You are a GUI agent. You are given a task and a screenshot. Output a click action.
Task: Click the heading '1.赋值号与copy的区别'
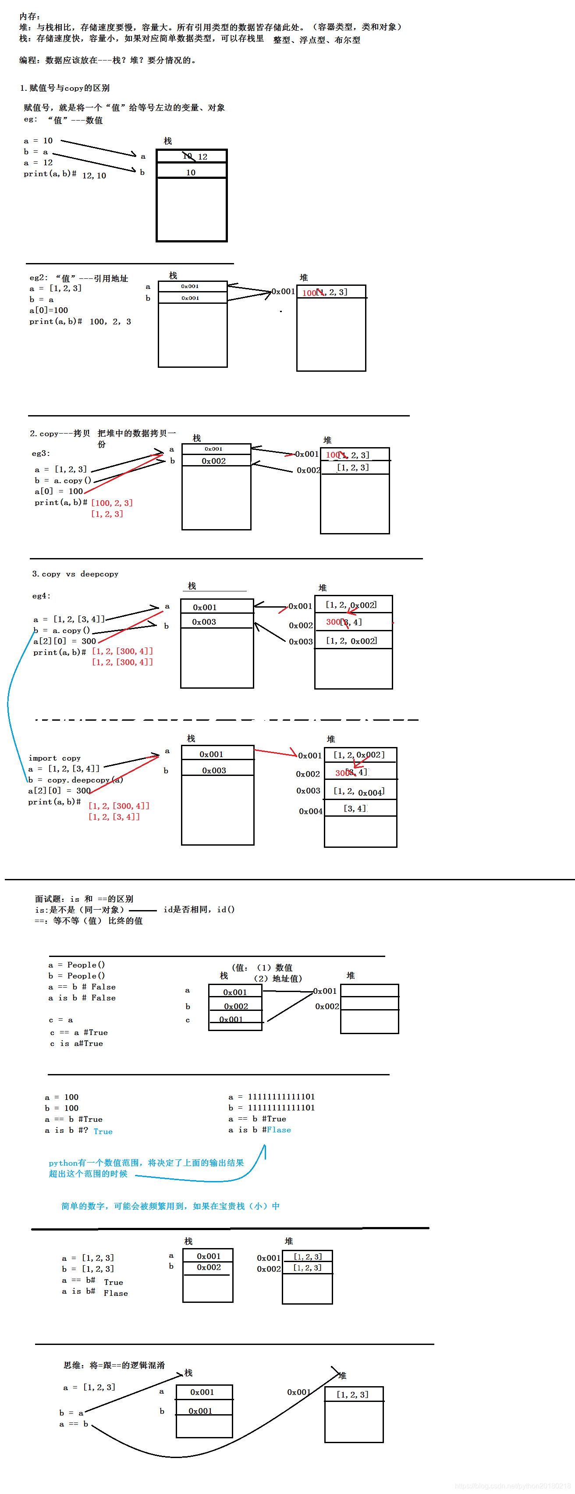(64, 88)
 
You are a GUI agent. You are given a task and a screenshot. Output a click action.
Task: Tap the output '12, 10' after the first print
(94, 176)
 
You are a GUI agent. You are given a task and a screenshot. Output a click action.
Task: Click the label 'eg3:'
(41, 454)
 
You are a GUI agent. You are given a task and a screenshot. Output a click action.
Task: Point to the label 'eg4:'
(41, 596)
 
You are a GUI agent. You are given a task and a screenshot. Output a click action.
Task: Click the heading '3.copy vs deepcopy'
(75, 574)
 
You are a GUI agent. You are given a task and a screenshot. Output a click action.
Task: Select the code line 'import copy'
(54, 758)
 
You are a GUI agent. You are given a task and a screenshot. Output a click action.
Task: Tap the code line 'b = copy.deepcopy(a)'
(75, 780)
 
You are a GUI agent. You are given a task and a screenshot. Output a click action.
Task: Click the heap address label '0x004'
(310, 811)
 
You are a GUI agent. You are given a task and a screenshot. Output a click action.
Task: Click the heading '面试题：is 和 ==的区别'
(84, 899)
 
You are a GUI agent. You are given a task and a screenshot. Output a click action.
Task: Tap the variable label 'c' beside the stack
(187, 1020)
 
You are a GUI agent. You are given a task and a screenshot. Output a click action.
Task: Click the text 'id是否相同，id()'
(199, 909)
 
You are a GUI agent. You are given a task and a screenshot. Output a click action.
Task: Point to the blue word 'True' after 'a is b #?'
(103, 1131)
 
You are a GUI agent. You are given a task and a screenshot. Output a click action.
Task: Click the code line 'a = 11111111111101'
(271, 1097)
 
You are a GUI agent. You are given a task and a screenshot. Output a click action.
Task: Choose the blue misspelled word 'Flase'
(279, 1130)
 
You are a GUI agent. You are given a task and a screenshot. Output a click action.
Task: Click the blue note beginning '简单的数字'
(170, 1206)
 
